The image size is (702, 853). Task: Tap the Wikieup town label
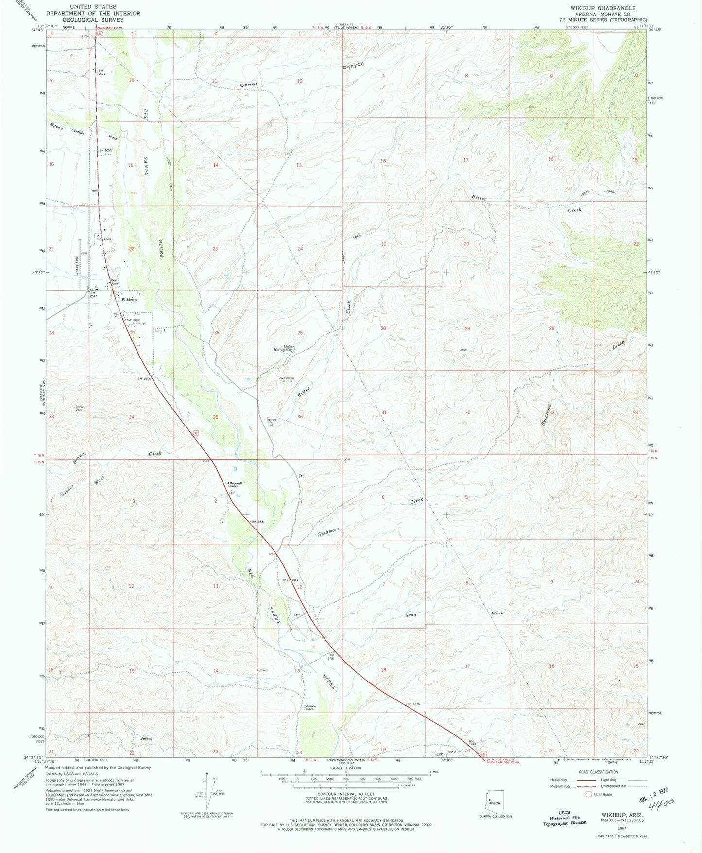tap(129, 300)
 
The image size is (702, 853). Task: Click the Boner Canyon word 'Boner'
tap(248, 84)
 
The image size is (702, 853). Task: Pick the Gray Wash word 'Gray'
tap(411, 615)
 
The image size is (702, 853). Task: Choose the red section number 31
tap(384, 413)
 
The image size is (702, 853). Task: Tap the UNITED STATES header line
tap(93, 7)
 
